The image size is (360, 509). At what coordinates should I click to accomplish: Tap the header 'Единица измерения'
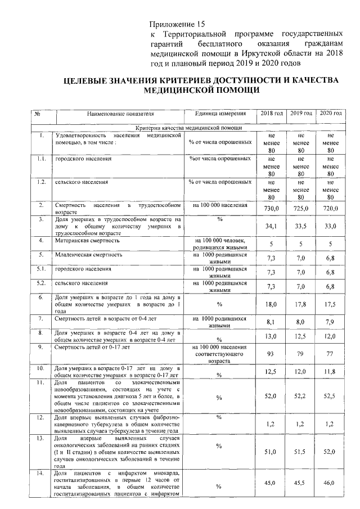[219, 114]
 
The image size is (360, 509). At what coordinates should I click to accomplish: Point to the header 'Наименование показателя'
[120, 114]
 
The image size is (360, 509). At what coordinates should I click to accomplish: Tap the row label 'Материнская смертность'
[87, 240]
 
